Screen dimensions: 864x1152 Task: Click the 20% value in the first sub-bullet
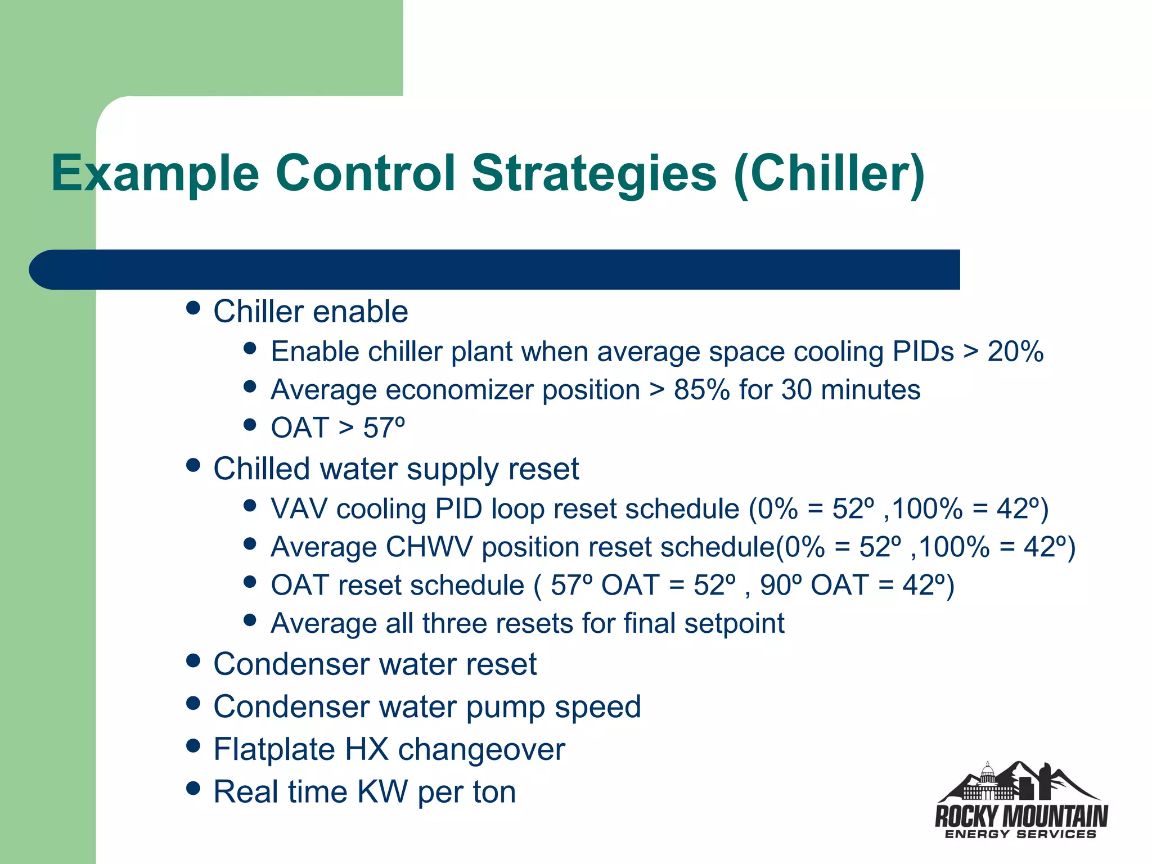[x=1015, y=352]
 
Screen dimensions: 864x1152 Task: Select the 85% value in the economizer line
[x=701, y=390]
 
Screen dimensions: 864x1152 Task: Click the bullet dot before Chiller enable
[x=193, y=308]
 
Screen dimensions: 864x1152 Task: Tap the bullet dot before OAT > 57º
[x=250, y=424]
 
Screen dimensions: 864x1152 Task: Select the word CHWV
[x=429, y=547]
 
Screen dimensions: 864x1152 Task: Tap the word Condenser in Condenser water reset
[x=291, y=664]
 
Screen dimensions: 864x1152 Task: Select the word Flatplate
[x=274, y=750]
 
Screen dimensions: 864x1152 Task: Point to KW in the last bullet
[x=382, y=792]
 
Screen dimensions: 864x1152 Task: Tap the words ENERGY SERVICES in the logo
[x=1020, y=834]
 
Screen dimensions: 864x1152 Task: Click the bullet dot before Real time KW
[x=193, y=789]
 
